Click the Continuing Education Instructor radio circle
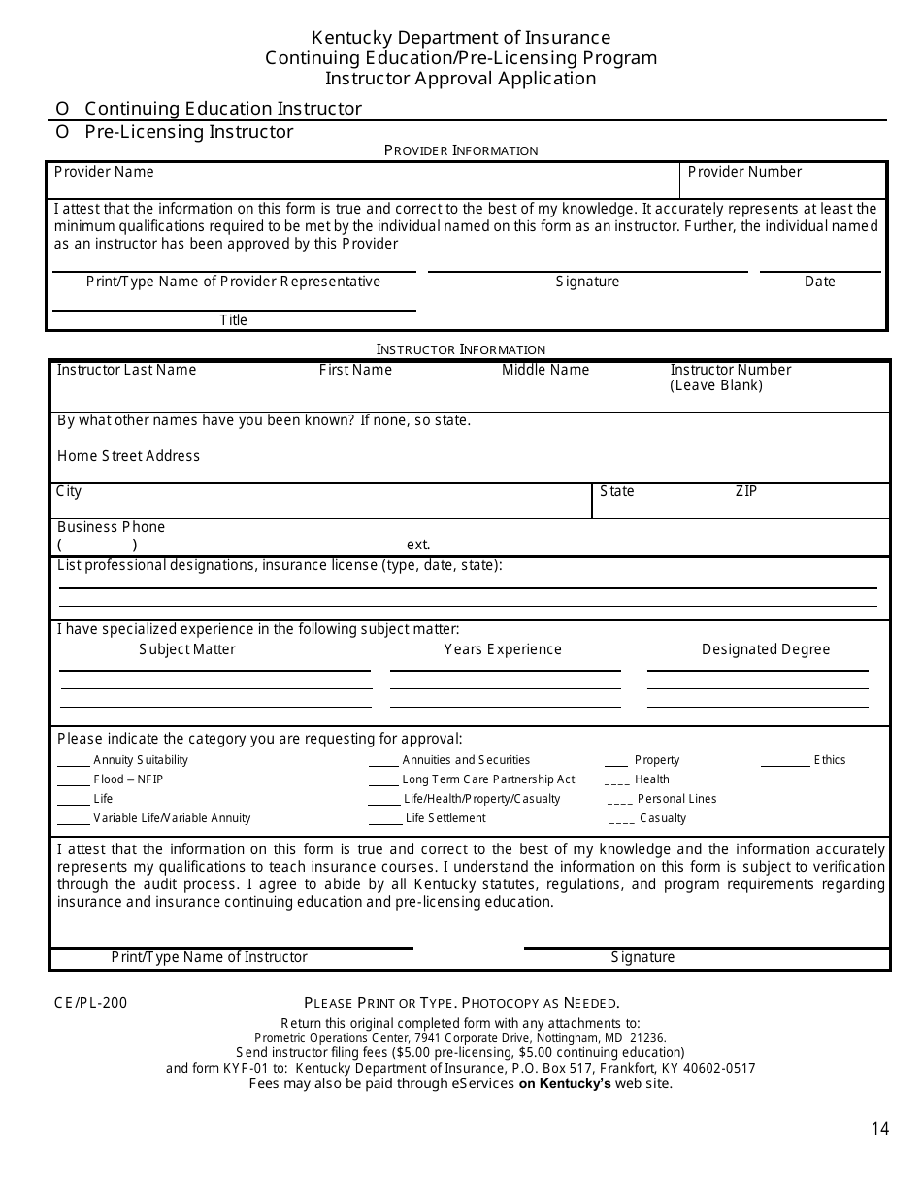(62, 109)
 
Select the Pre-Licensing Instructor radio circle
(62, 132)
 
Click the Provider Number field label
(744, 172)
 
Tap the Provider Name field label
(104, 172)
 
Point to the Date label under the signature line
(819, 282)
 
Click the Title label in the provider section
(233, 320)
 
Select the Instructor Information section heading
(461, 349)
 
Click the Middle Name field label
(545, 370)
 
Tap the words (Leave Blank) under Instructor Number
(716, 385)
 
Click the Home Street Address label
(128, 456)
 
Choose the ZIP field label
(745, 491)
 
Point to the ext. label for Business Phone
(418, 545)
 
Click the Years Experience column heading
(503, 649)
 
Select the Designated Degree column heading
(766, 649)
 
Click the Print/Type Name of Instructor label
(209, 957)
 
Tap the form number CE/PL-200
(91, 1003)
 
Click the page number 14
(879, 1128)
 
